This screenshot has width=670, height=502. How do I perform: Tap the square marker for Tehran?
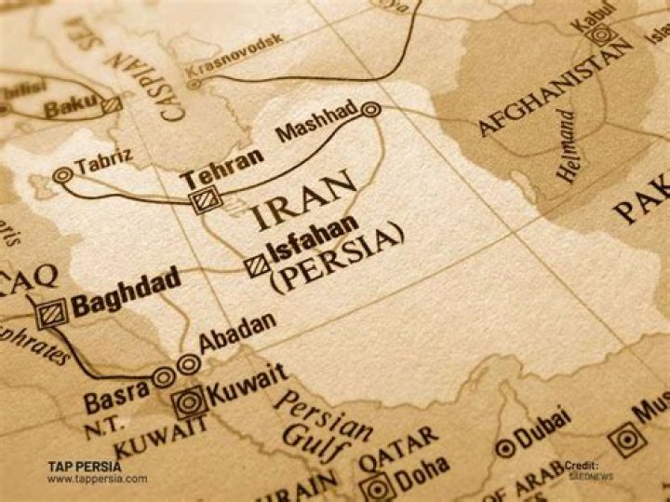202,199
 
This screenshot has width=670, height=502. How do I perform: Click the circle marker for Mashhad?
371,110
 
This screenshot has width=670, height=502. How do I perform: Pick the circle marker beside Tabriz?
63,173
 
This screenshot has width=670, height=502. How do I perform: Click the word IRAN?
304,201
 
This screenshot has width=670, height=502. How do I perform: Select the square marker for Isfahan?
255,266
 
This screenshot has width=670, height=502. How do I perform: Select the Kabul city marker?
603,35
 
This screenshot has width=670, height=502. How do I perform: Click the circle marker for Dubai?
504,448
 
